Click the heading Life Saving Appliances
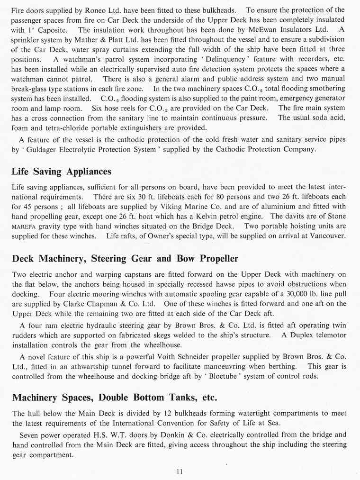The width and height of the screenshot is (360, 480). click(62, 172)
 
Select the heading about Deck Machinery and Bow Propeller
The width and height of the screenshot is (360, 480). click(125, 259)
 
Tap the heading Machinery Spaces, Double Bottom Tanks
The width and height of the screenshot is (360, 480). click(115, 397)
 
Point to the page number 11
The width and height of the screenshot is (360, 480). click(179, 471)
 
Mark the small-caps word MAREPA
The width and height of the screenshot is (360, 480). click(24, 226)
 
